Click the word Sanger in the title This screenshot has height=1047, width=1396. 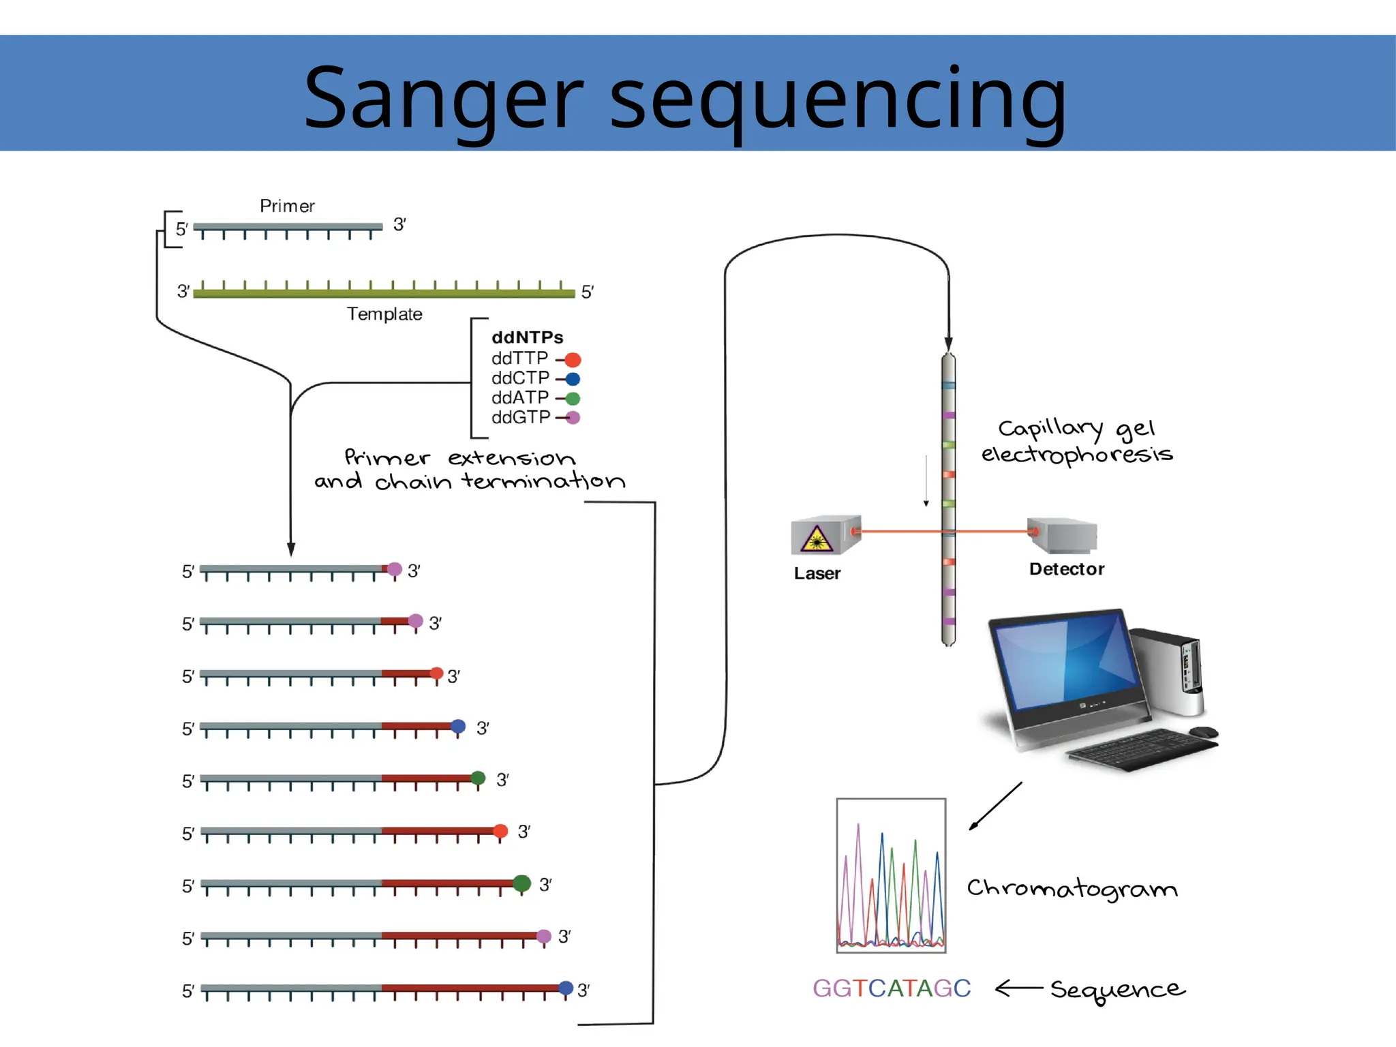[x=444, y=97]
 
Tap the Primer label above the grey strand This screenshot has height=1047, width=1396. [x=287, y=206]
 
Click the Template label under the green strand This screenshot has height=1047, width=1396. [x=384, y=314]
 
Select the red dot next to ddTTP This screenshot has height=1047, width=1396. [x=573, y=360]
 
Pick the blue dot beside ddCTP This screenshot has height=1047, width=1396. [x=573, y=379]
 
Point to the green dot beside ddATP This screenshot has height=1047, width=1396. [x=573, y=399]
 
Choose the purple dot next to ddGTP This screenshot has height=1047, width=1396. [x=573, y=418]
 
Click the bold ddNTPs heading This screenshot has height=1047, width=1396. [x=528, y=337]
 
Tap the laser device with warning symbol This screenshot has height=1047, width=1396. [x=825, y=536]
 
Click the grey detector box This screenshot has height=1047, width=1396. [x=1063, y=536]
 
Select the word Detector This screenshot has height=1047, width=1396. [x=1067, y=569]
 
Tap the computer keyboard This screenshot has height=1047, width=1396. [x=1143, y=750]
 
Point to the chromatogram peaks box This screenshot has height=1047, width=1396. [x=892, y=875]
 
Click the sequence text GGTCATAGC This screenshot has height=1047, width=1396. [x=892, y=988]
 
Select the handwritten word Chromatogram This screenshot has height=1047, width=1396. [x=1072, y=889]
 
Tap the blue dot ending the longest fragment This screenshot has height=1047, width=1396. [x=566, y=988]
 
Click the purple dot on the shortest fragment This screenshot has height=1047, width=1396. [x=395, y=569]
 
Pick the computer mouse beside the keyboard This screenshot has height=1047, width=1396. [x=1204, y=732]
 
